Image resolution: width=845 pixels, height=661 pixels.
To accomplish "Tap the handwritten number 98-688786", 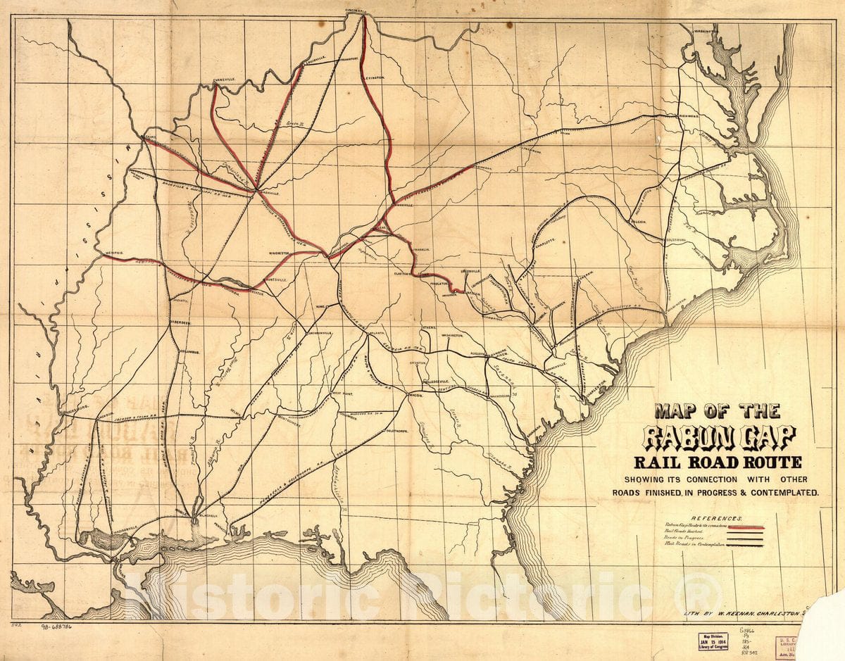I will (x=62, y=625).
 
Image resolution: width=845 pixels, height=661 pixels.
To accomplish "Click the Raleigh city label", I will (x=638, y=221).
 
